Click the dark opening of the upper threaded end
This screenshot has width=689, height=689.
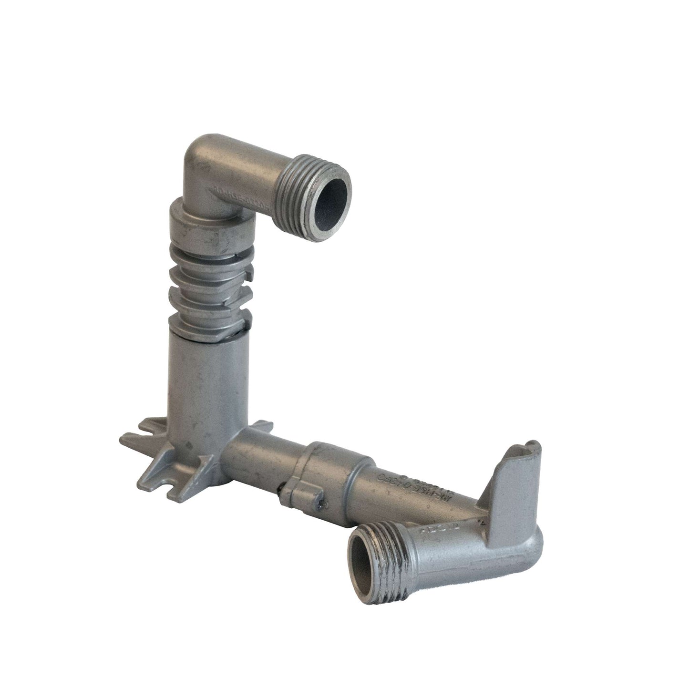point(329,191)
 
